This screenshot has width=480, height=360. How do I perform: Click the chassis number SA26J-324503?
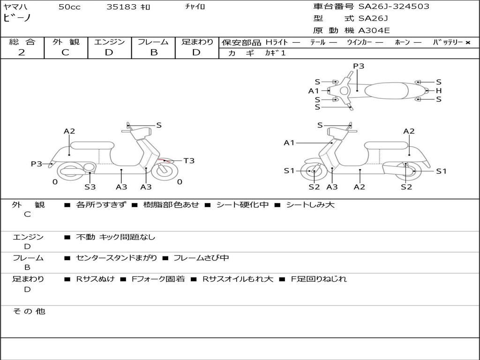394,7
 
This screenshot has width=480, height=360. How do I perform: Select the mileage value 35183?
121,7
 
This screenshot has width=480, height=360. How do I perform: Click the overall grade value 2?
22,52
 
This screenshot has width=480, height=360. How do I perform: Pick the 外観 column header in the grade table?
66,42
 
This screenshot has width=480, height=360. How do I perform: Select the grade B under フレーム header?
153,52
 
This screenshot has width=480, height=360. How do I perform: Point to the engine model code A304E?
374,31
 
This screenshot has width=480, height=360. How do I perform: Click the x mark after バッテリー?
467,42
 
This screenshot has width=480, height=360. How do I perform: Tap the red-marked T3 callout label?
188,161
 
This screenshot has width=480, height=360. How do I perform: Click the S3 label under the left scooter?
90,187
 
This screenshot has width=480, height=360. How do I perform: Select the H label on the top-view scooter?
439,90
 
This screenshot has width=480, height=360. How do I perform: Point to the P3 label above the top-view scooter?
359,66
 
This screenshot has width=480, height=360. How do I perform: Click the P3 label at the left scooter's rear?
37,164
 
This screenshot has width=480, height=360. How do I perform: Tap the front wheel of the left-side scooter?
163,170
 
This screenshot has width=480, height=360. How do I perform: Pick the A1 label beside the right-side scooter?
289,142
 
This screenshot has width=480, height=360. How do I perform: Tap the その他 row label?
29,311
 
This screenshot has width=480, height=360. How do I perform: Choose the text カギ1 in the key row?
275,53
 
